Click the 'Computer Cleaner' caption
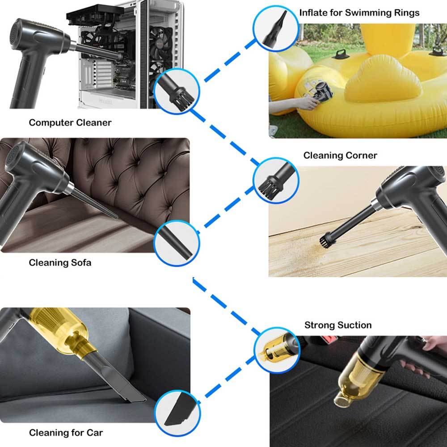(x=70, y=122)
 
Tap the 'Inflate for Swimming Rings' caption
(x=359, y=13)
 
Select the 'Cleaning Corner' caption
(x=340, y=156)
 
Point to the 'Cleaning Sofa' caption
(x=60, y=262)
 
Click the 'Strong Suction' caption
(x=338, y=325)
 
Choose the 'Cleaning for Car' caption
(x=66, y=432)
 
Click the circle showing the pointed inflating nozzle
(x=275, y=29)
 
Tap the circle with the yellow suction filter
(x=277, y=350)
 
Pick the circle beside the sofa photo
(x=177, y=243)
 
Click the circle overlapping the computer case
(x=177, y=91)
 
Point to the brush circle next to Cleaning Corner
(x=276, y=181)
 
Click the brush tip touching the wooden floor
(x=324, y=242)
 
